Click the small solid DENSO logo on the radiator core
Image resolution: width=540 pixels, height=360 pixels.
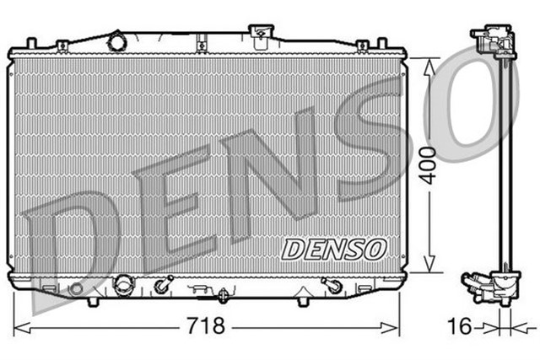click(x=333, y=249)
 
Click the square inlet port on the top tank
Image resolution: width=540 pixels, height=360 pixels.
click(x=262, y=33)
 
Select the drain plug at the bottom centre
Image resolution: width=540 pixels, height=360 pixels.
click(x=223, y=295)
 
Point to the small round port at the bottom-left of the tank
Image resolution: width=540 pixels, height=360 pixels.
click(x=76, y=288)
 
